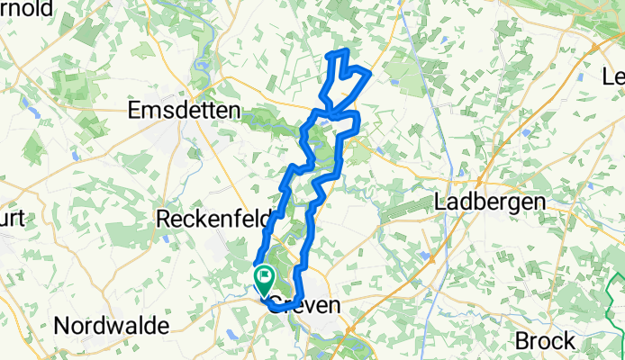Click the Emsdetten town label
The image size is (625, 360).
tap(185, 110)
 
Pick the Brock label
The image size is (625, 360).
tap(546, 341)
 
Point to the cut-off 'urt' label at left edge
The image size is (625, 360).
tap(11, 220)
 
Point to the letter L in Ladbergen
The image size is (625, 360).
tap(440, 202)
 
